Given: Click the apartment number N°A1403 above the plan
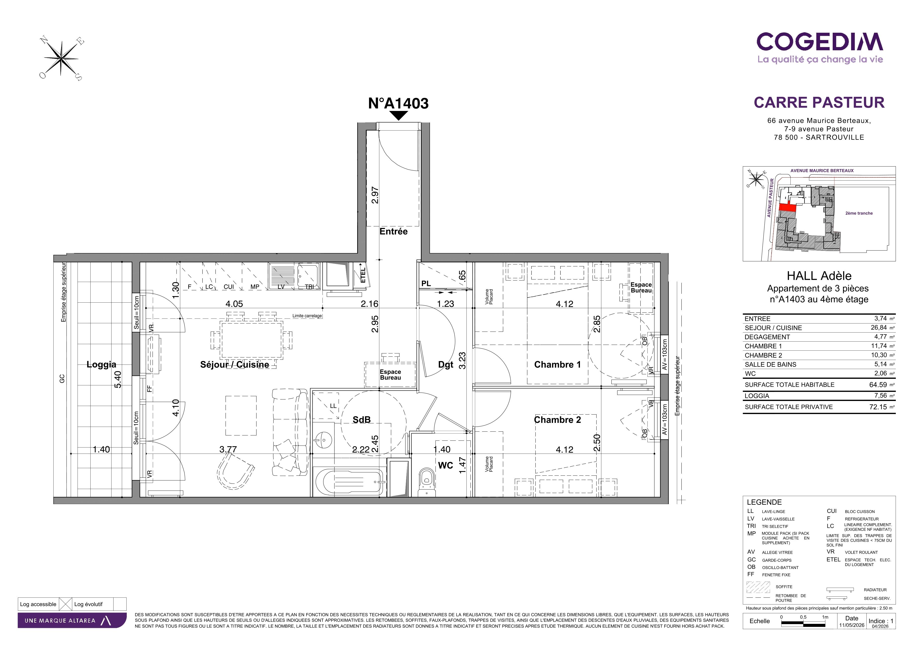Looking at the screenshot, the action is click(398, 103).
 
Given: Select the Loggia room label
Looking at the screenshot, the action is click(101, 364).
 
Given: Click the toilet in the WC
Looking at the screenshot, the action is click(426, 481).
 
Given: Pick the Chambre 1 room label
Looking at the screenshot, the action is click(557, 364).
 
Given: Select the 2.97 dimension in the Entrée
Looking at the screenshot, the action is click(375, 195).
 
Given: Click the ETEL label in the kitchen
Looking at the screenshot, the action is click(363, 275).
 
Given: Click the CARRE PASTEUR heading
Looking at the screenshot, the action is click(819, 102).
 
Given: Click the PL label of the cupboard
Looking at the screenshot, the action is click(426, 284).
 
